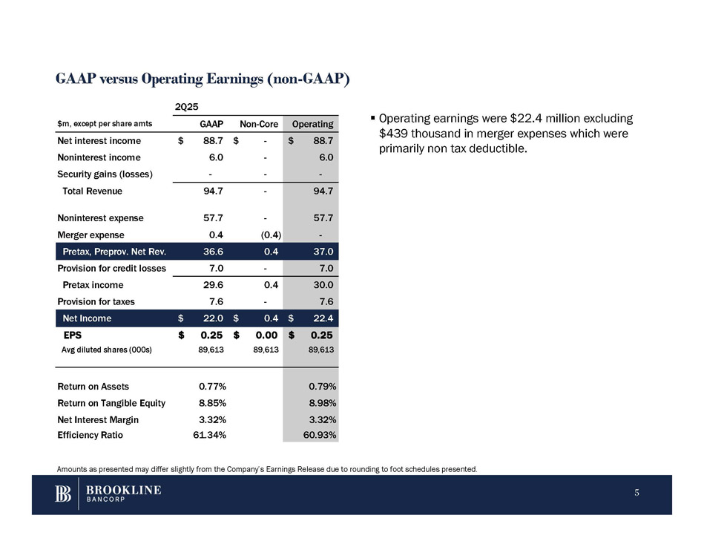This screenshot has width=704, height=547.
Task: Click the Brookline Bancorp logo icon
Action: click(63, 494)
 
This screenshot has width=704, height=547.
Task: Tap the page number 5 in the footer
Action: click(637, 494)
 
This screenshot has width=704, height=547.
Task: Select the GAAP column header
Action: click(214, 124)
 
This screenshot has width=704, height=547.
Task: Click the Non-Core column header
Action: click(258, 124)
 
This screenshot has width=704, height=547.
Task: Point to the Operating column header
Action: click(313, 124)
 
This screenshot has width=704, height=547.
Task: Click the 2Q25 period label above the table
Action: click(185, 106)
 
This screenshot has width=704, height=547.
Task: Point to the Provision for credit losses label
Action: click(111, 268)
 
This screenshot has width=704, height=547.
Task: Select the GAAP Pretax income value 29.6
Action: click(215, 285)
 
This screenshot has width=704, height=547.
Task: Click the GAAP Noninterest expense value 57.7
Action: click(215, 218)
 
